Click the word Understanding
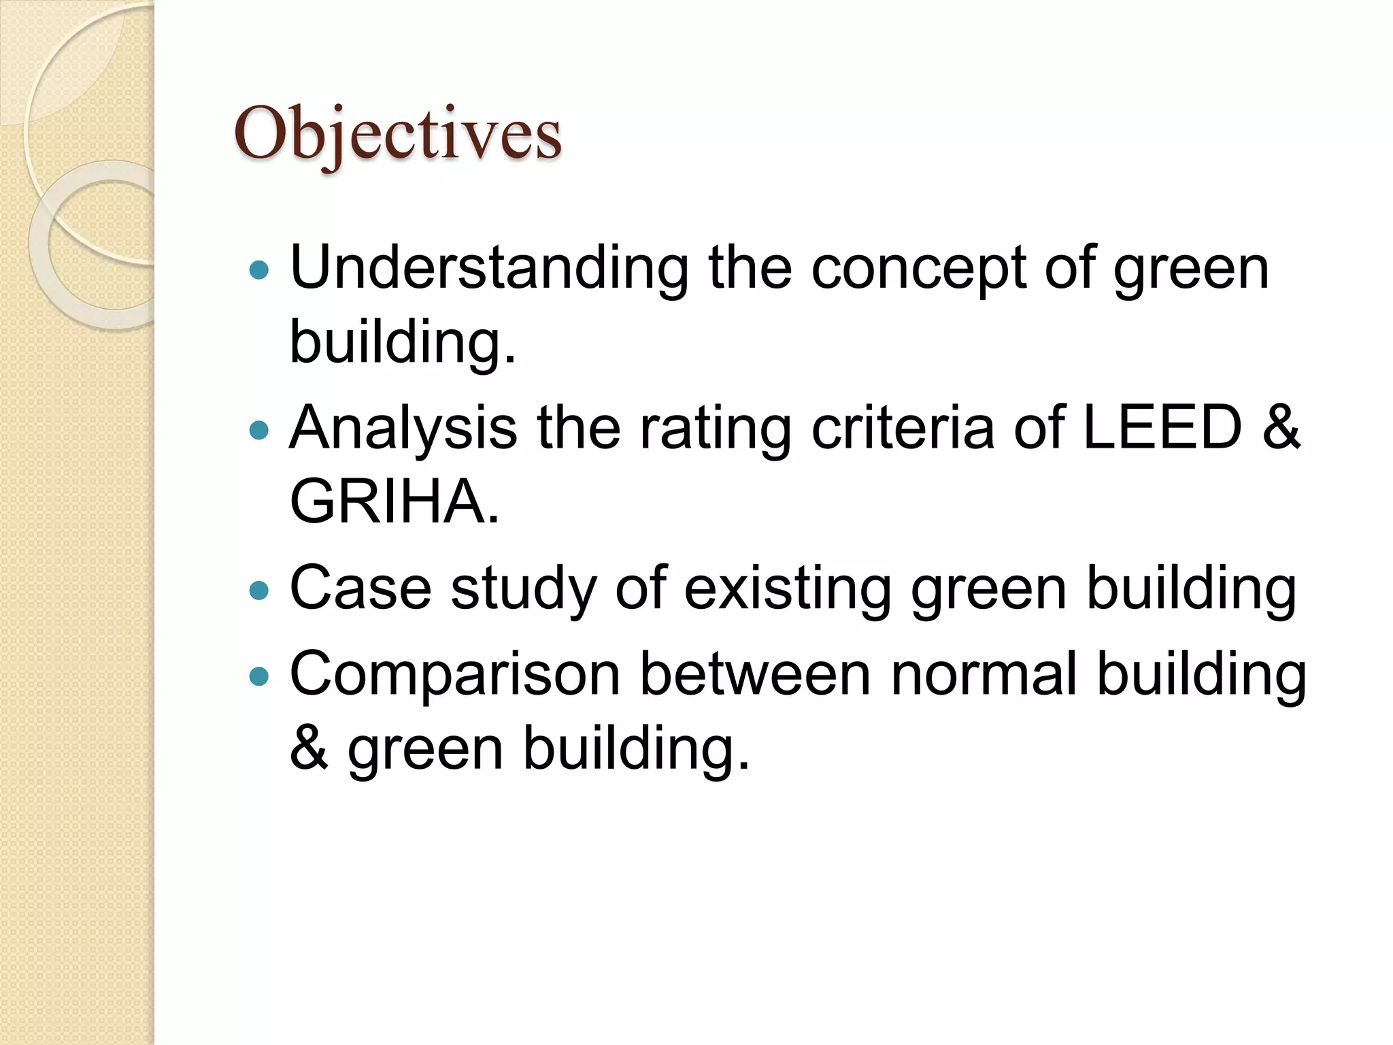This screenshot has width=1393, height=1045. coord(489,268)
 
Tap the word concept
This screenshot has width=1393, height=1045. coord(918,269)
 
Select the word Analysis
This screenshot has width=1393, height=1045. coord(403,429)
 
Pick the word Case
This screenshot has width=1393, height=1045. coord(360,588)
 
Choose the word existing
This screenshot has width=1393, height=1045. coord(787,588)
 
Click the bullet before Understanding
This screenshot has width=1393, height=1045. coord(259,271)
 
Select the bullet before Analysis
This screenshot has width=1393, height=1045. coord(259,430)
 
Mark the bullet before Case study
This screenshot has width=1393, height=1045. coord(259,590)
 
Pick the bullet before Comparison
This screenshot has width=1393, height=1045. coord(259,676)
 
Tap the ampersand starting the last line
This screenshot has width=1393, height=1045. coord(309,748)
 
